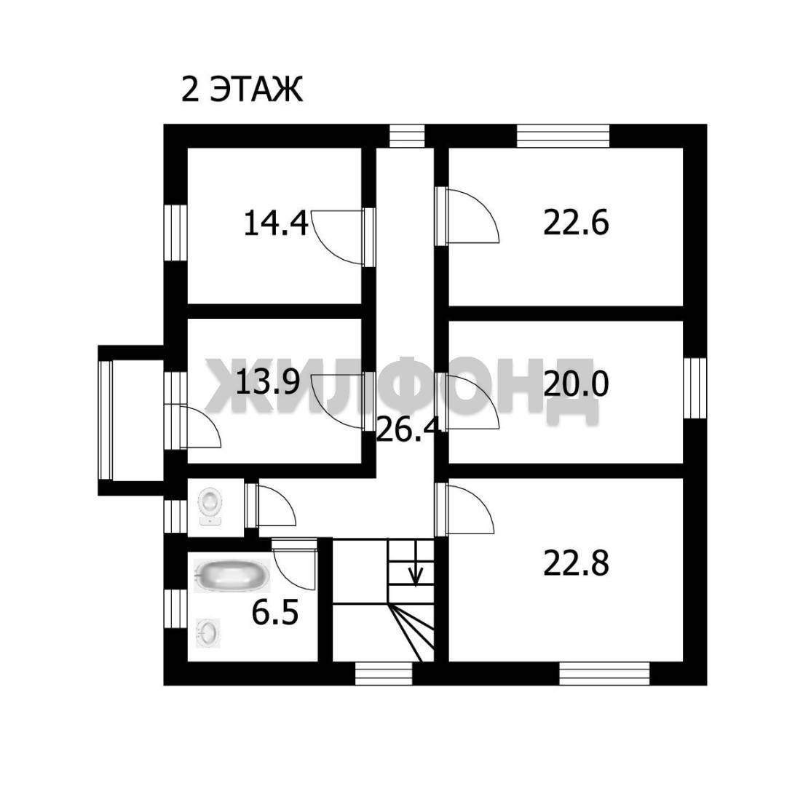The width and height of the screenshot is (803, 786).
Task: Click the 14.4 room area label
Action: (x=275, y=223)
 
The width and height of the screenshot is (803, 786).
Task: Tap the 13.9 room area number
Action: (x=267, y=382)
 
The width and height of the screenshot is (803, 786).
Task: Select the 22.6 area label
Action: (x=576, y=223)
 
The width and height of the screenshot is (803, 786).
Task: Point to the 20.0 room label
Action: (x=576, y=384)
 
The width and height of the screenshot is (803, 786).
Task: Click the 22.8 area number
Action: (x=576, y=563)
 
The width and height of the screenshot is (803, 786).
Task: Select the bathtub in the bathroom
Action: (x=232, y=575)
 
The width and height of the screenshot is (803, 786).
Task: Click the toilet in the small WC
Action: (x=210, y=506)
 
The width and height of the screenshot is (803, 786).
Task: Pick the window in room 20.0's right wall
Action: (x=695, y=388)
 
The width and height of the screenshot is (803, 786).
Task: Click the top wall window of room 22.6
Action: (x=563, y=135)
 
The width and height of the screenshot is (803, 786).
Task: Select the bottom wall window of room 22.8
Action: (x=604, y=673)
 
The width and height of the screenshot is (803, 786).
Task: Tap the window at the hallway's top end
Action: (x=407, y=135)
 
